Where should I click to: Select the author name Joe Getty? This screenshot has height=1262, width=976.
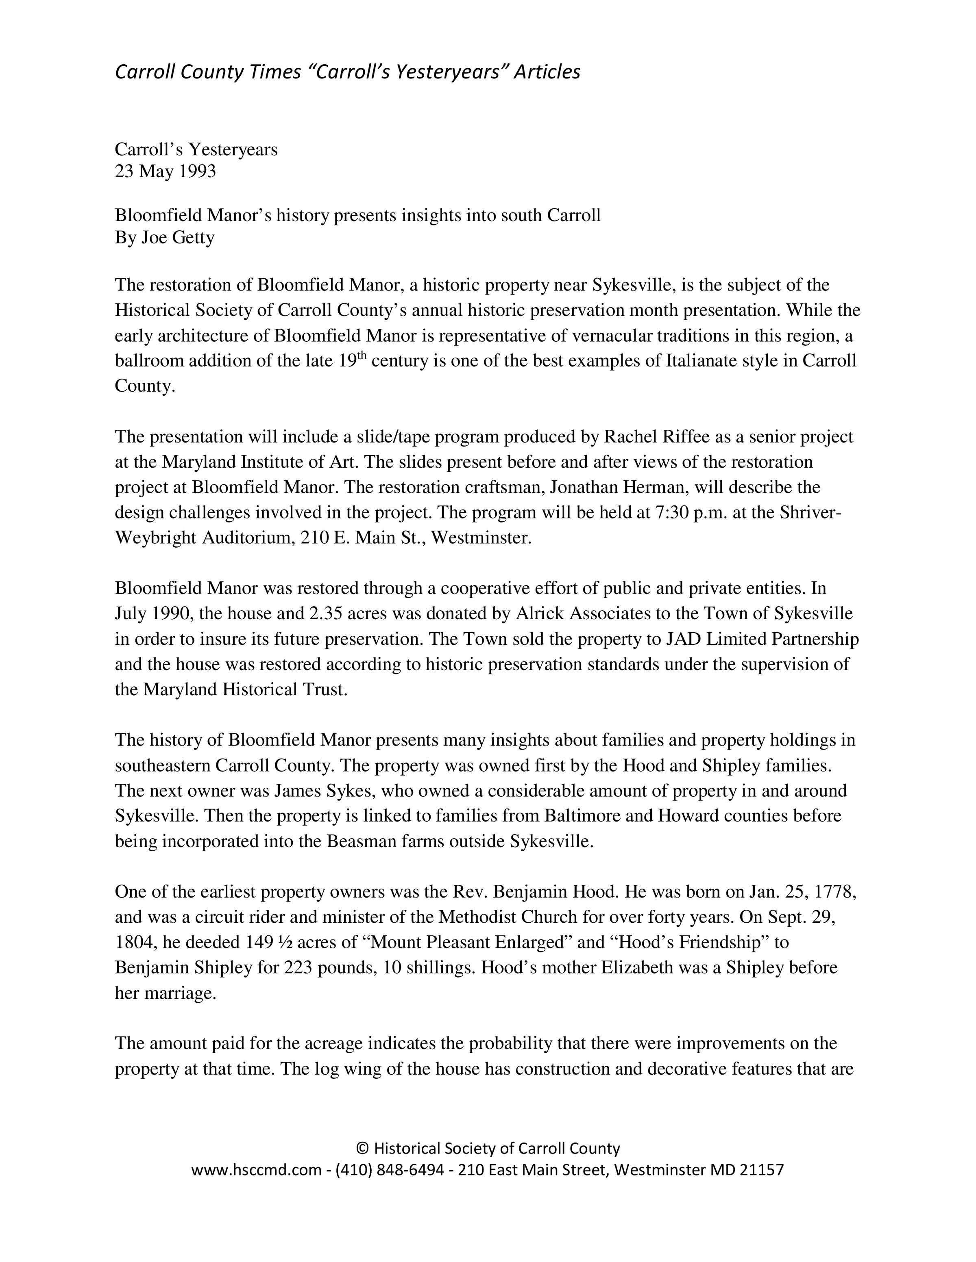177,238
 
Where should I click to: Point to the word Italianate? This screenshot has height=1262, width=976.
708,361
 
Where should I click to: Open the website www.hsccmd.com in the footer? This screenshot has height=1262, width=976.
256,1171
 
